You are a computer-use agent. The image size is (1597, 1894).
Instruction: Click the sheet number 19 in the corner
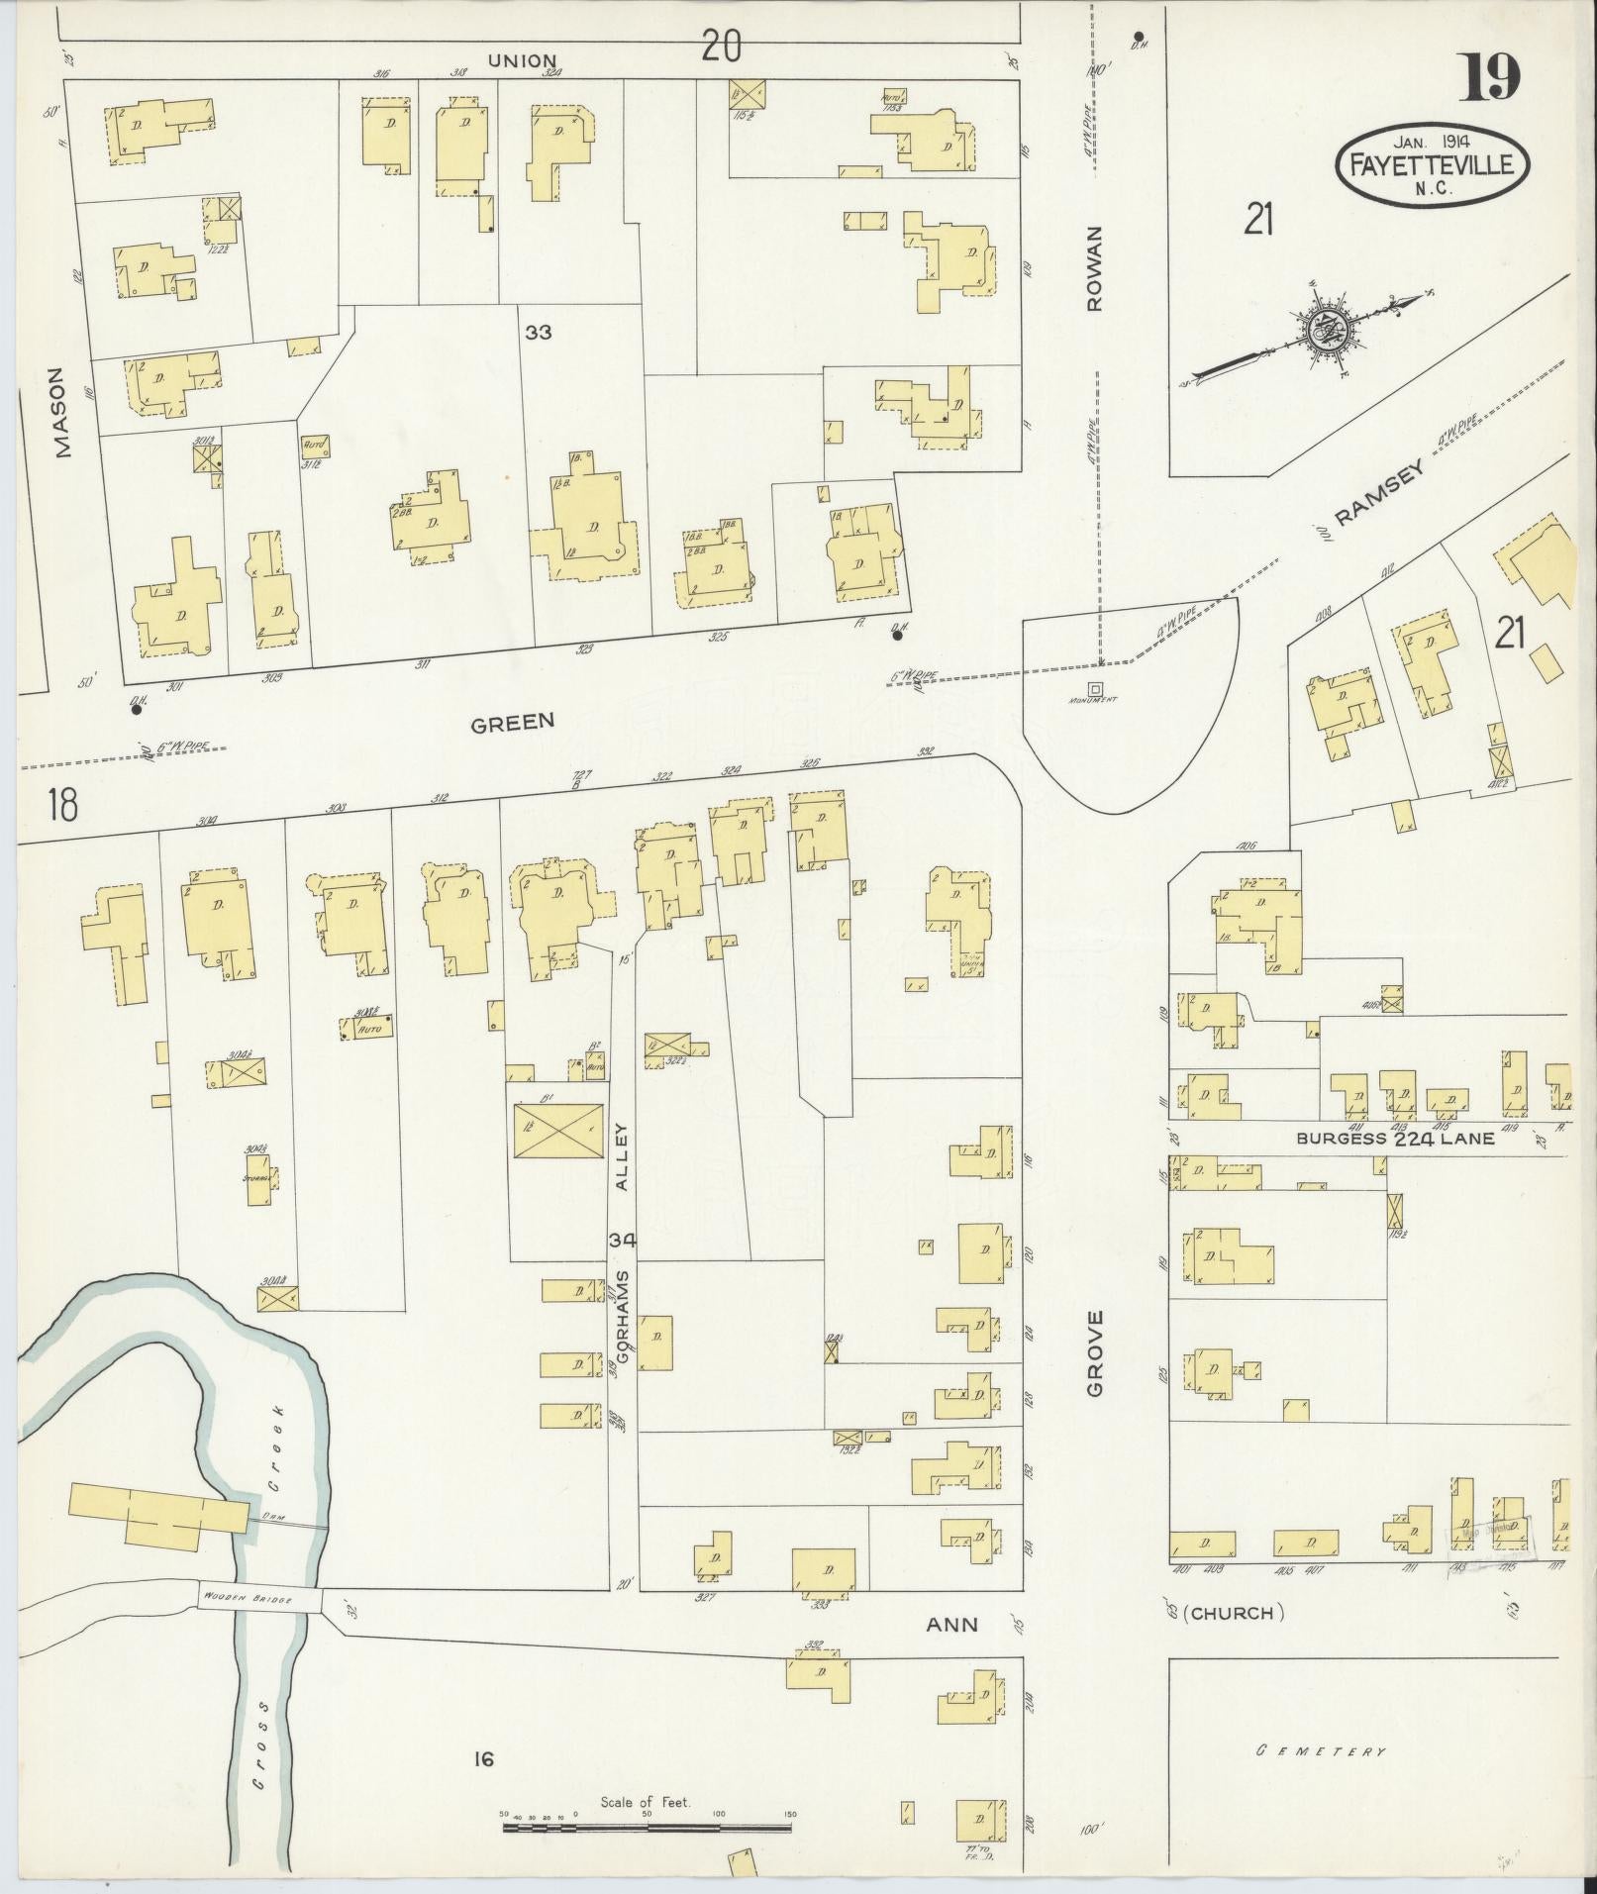(1489, 77)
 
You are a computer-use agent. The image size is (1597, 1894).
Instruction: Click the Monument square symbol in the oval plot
(1095, 688)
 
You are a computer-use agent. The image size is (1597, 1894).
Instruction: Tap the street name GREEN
(512, 722)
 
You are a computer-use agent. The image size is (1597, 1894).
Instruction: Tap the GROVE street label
(1094, 1352)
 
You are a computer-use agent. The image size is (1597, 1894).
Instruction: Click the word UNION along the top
(522, 61)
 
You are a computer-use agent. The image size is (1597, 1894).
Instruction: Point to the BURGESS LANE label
(1395, 1139)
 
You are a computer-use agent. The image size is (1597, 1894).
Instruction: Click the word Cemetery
(1321, 1751)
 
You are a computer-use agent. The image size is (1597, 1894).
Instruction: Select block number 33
(538, 333)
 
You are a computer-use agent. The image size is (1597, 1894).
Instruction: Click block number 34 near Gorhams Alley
(623, 1240)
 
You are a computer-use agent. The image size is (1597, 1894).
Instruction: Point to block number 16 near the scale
(483, 1758)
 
